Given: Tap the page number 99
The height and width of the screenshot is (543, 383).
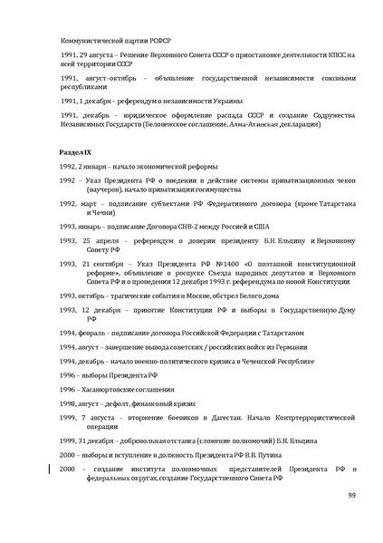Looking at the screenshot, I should pyautogui.click(x=352, y=495).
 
